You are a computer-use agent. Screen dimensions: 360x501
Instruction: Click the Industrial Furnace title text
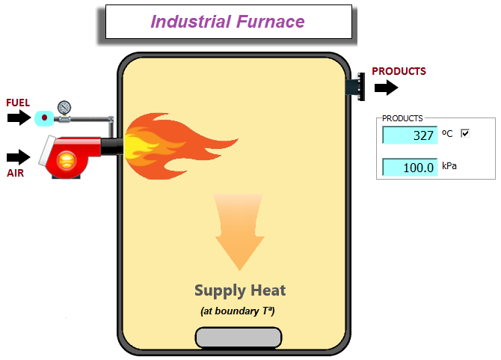point(227,21)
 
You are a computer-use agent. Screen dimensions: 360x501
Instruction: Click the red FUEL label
point(18,103)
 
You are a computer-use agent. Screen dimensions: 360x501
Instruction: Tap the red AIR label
point(16,172)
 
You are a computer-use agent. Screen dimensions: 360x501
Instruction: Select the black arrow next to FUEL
point(19,118)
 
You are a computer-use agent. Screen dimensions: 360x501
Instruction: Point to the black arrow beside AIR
point(19,157)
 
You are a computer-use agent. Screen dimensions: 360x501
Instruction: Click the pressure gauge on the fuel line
point(64,106)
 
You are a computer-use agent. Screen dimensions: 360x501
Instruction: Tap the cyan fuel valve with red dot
point(44,118)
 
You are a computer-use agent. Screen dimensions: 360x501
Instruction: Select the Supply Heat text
point(240,290)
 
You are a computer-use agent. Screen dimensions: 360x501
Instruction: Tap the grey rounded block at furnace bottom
point(239,338)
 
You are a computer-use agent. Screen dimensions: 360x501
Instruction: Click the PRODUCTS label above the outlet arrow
point(399,71)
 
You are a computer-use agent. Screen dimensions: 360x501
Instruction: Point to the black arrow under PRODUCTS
point(387,88)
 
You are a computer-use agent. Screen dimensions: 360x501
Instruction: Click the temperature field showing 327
point(410,135)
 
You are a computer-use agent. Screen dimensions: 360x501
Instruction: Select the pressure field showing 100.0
point(410,167)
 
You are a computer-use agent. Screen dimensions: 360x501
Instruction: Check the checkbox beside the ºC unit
point(465,133)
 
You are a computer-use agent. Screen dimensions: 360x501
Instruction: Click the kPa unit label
point(449,165)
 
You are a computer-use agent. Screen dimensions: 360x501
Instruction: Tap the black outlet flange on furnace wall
point(356,85)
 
